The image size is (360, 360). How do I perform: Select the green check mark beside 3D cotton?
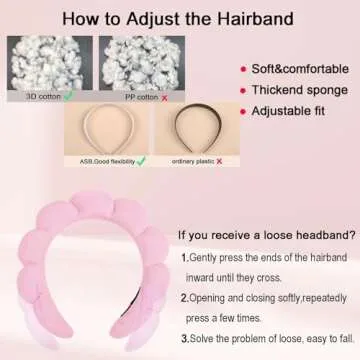click(x=67, y=96)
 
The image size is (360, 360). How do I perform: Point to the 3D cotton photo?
click(x=45, y=64)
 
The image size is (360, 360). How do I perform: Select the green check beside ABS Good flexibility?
click(x=140, y=160)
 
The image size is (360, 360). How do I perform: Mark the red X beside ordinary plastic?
click(x=218, y=160)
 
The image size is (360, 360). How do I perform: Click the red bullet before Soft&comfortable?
click(x=242, y=69)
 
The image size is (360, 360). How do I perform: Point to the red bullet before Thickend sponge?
click(x=242, y=90)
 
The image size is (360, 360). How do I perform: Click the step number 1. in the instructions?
click(x=185, y=258)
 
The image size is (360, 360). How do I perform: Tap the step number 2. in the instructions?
click(x=185, y=297)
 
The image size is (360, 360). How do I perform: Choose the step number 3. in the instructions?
click(x=185, y=336)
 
